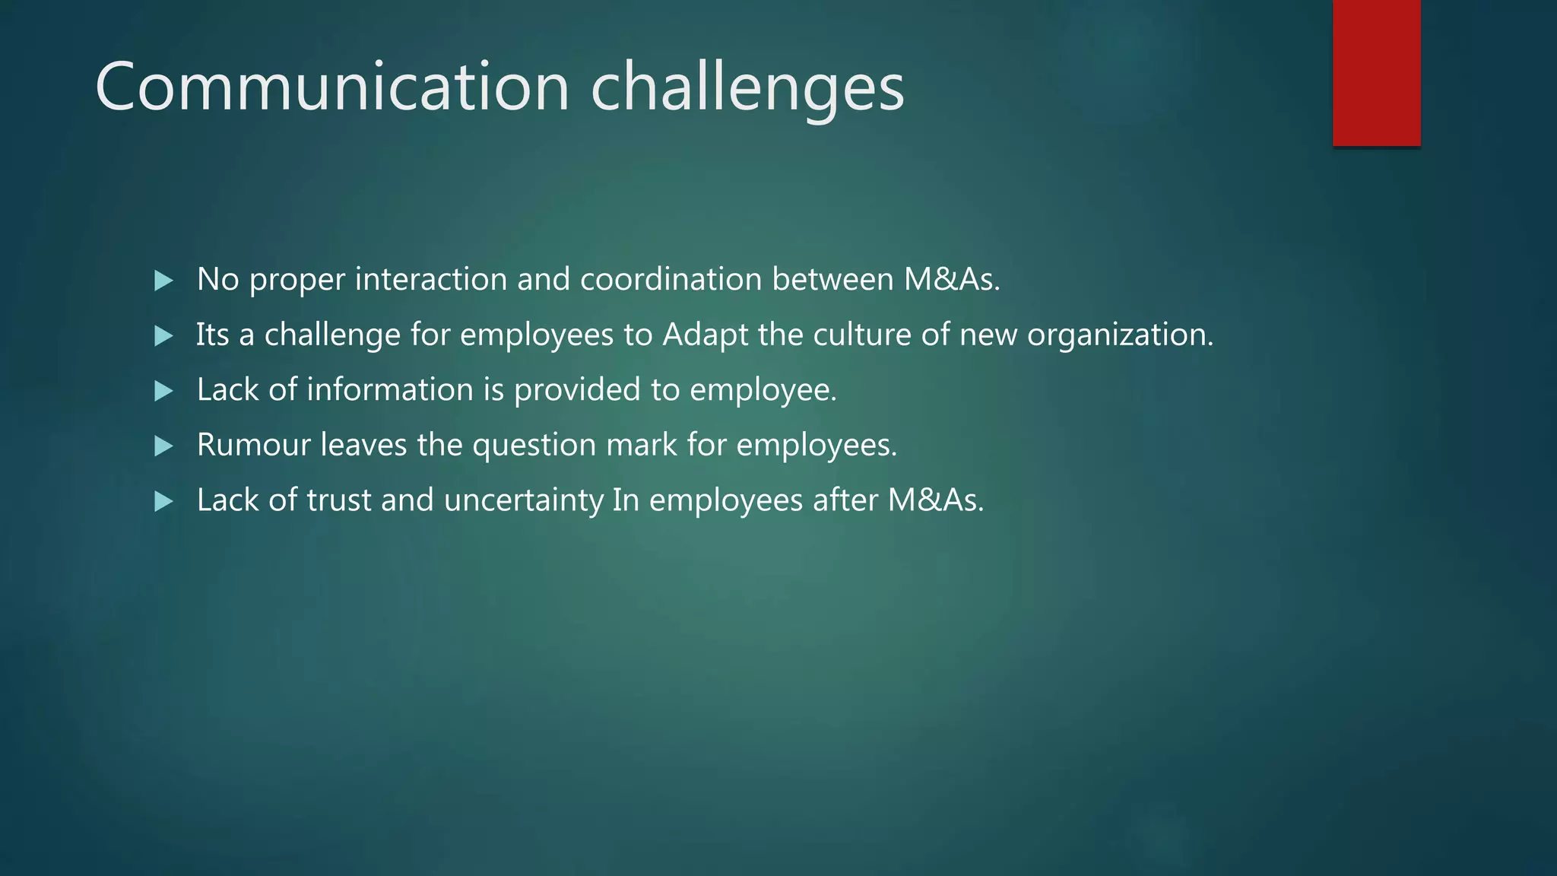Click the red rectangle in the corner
1376,72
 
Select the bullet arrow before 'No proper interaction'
163,281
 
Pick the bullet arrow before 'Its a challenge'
163,335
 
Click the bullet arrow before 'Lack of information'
163,391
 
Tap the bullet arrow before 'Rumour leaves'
163,446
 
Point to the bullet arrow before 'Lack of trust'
163,501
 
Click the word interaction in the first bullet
430,279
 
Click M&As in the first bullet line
950,279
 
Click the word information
389,389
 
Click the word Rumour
253,445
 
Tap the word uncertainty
523,500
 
